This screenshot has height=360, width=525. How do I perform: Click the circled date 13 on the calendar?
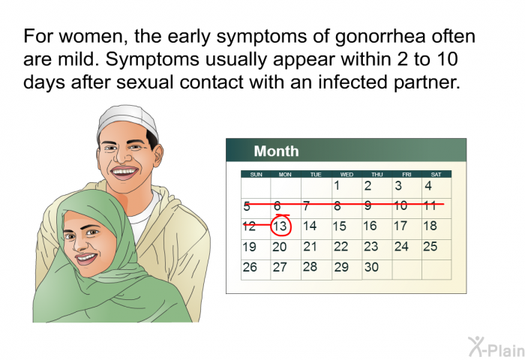tap(280, 226)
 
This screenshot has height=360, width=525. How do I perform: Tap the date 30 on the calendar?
tap(371, 267)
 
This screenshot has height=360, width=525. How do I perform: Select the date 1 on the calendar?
tap(337, 185)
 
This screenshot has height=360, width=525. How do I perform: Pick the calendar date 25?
tap(430, 247)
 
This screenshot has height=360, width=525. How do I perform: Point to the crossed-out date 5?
tap(247, 206)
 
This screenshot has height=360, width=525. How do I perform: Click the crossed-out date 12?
tap(250, 226)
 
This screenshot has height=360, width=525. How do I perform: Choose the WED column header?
tap(346, 175)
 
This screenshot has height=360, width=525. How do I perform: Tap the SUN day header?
tap(256, 175)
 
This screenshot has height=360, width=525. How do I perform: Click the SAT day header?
tap(436, 175)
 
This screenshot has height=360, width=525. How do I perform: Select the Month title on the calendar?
tap(276, 151)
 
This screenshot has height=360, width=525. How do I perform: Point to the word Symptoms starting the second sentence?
tap(152, 59)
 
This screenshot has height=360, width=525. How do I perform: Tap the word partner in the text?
tap(427, 82)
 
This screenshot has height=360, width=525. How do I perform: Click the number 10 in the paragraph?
tap(447, 59)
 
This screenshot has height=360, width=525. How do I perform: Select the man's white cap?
tap(127, 121)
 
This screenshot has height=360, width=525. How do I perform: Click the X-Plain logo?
tap(496, 347)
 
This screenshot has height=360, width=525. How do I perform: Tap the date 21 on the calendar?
tap(310, 247)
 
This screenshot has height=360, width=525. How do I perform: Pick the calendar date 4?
tap(428, 185)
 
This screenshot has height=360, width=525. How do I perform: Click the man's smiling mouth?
tap(124, 172)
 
